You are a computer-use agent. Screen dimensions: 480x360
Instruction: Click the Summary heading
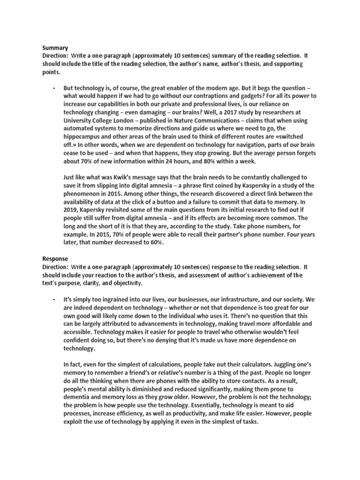(55, 48)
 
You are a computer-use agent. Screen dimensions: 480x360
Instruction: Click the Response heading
(56, 258)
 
